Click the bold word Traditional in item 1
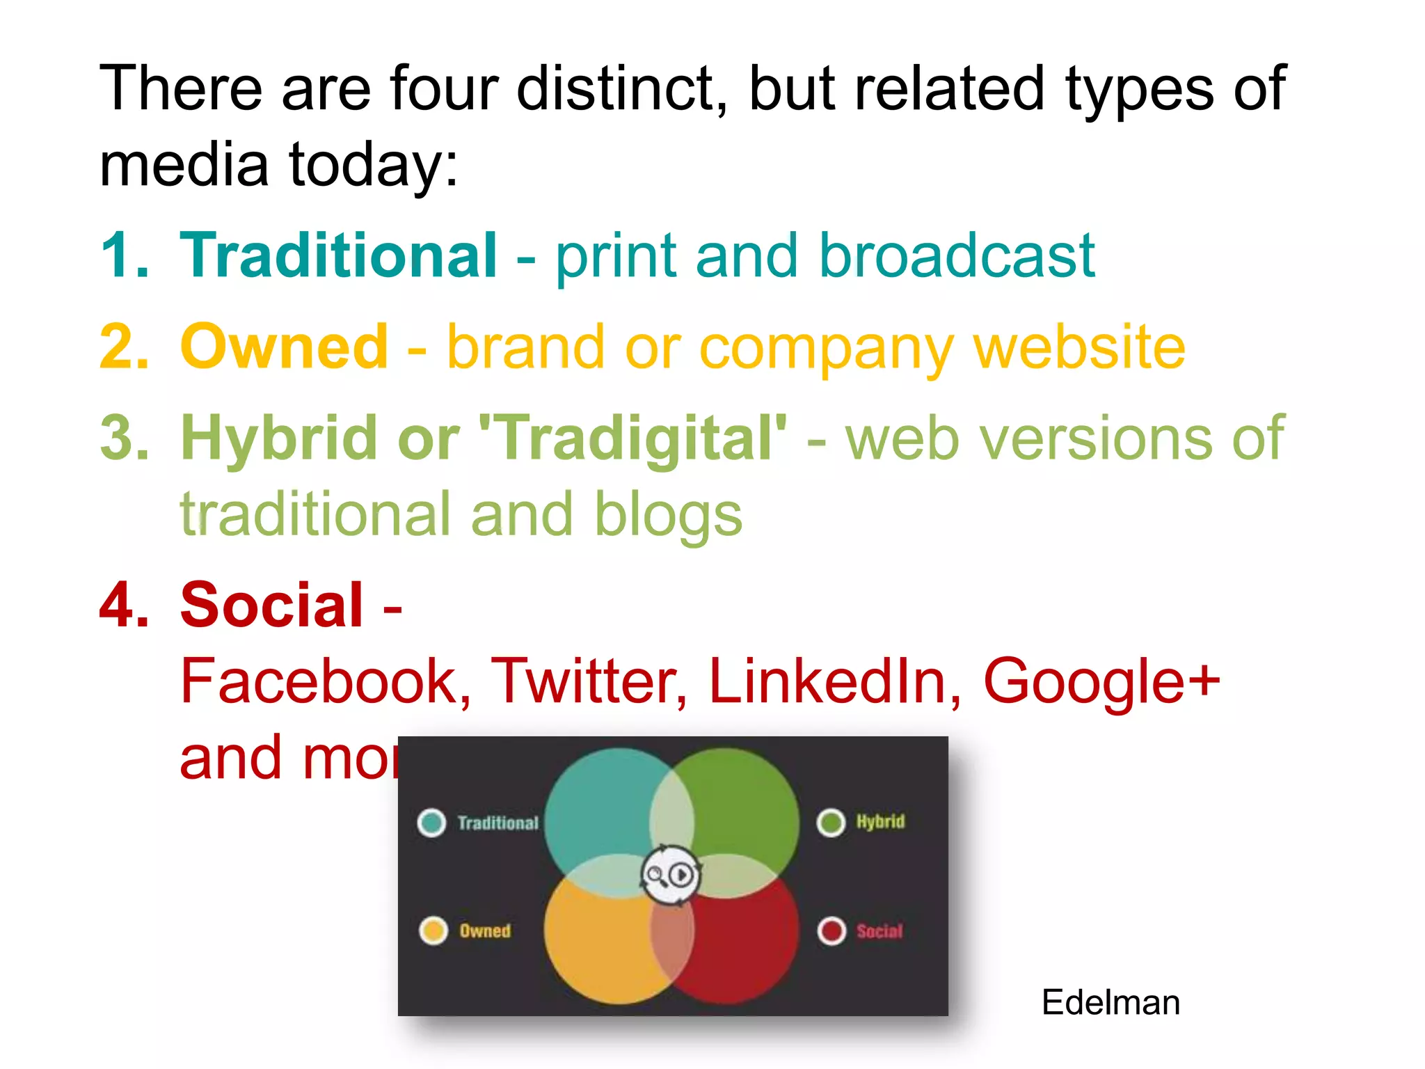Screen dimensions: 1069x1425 (x=338, y=255)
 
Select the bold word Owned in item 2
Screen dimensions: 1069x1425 (x=284, y=347)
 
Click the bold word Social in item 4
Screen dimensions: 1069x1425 (x=271, y=605)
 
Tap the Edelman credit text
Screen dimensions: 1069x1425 (x=1110, y=1003)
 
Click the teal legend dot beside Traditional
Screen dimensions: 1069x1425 (x=432, y=823)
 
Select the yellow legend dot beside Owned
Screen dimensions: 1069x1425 (x=433, y=931)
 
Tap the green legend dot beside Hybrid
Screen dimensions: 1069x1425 (x=831, y=822)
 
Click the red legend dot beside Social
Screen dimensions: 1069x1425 (x=831, y=931)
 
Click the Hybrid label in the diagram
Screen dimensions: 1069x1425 (x=880, y=822)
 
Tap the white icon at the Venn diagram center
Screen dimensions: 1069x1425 (x=670, y=875)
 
